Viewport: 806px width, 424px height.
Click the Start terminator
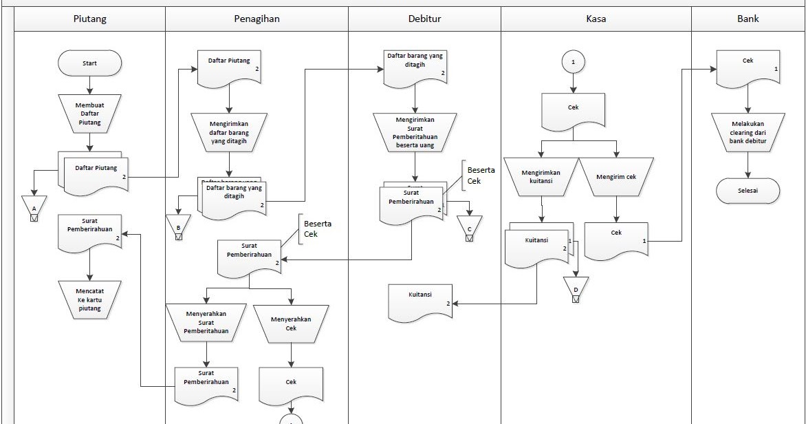click(x=90, y=63)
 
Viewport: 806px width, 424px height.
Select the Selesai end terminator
click(x=748, y=191)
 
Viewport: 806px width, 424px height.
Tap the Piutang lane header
click(x=90, y=19)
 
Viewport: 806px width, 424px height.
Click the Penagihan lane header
click(x=257, y=19)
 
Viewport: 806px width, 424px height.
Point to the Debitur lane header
click(x=424, y=19)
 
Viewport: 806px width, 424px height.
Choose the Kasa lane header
click(x=596, y=19)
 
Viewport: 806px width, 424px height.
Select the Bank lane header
click(x=748, y=19)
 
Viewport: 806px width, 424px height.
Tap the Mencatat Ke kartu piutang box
click(x=90, y=299)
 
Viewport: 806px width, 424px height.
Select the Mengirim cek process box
click(x=616, y=177)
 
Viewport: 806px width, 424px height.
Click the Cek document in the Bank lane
click(x=748, y=68)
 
